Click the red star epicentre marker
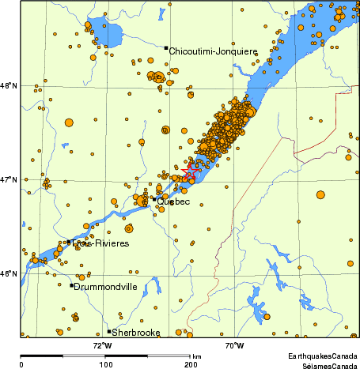coord(191,171)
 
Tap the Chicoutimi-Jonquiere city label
coord(214,51)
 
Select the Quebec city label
coord(173,201)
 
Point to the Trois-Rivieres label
coord(100,244)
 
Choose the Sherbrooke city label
coord(136,333)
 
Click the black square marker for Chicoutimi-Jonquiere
coord(166,48)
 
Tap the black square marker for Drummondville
coord(72,285)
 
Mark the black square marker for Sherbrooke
coord(109,331)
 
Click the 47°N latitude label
coord(9,179)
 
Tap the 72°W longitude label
coord(102,345)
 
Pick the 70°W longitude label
coord(234,345)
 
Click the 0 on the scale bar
coord(21,364)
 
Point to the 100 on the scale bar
coord(105,364)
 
